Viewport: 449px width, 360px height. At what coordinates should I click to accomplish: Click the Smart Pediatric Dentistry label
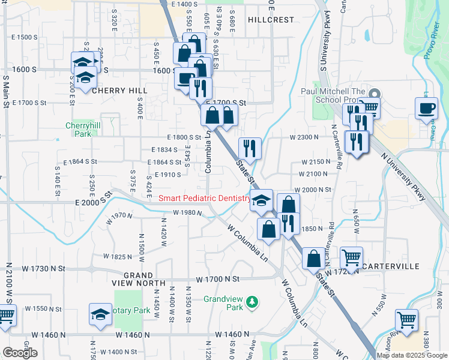tap(204, 199)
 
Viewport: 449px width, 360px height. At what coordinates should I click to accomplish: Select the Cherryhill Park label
tap(78, 130)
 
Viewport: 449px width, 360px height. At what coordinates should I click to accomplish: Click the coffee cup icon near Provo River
tap(426, 109)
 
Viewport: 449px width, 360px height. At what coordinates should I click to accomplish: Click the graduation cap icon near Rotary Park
tap(100, 314)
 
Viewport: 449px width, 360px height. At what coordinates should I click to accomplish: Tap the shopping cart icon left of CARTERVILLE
tap(351, 258)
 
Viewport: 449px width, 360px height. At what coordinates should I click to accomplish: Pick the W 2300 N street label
tap(304, 137)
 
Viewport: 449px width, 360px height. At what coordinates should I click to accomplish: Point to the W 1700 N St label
tap(218, 279)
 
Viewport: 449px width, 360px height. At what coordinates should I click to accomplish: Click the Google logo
tap(19, 353)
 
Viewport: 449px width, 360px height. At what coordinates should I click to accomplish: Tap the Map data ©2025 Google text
tap(412, 355)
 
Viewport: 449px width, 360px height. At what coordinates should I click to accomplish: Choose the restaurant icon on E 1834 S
tap(250, 148)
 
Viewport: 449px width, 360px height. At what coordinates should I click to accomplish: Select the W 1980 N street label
tap(188, 212)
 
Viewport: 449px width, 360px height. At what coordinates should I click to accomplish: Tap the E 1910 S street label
tap(167, 175)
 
